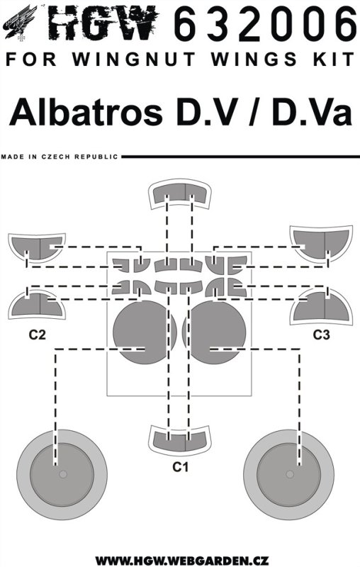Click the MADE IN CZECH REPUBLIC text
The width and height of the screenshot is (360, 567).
(60, 157)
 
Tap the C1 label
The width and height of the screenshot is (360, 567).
(180, 467)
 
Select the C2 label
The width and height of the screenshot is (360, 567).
(38, 335)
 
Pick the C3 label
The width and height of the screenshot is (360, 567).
(321, 335)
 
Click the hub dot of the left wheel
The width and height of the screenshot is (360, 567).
(63, 474)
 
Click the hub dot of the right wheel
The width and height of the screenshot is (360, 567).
(290, 474)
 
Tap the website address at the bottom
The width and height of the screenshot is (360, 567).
(179, 561)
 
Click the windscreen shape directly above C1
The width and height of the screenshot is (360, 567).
(179, 439)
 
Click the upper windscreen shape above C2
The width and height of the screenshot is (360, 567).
(37, 247)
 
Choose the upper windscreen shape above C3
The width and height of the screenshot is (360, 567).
(321, 243)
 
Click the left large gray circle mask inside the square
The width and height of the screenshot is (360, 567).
(145, 332)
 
